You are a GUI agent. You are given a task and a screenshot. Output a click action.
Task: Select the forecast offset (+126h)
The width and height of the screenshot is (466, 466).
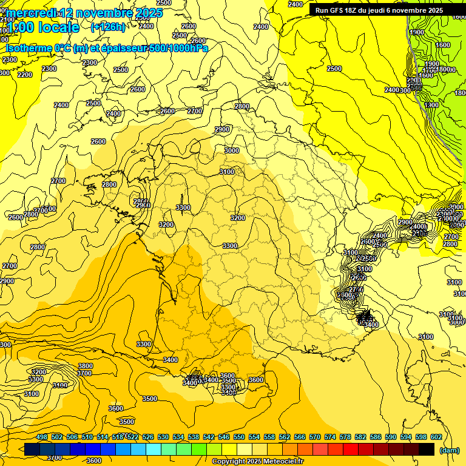pyautogui.click(x=107, y=27)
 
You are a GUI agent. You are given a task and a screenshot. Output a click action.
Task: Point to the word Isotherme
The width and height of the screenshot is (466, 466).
pyautogui.click(x=29, y=48)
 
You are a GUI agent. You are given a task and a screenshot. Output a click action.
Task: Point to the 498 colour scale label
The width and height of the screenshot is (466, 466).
pyautogui.click(x=42, y=437)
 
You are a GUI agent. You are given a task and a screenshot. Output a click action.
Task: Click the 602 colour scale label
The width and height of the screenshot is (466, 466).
pyautogui.click(x=436, y=437)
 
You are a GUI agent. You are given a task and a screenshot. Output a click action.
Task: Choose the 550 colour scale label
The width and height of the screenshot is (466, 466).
pyautogui.click(x=239, y=437)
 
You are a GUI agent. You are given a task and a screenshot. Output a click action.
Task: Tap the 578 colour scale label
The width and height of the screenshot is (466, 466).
pyautogui.click(x=345, y=437)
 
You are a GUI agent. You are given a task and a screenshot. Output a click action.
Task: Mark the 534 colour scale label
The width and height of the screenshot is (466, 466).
pyautogui.click(x=178, y=437)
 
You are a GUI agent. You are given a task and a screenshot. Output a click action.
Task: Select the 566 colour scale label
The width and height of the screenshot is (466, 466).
pyautogui.click(x=300, y=437)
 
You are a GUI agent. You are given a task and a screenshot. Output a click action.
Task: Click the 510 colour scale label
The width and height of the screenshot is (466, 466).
pyautogui.click(x=87, y=437)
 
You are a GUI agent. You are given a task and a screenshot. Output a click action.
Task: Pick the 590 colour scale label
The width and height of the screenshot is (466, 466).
pyautogui.click(x=391, y=437)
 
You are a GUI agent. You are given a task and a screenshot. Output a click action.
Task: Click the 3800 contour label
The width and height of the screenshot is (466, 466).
pyautogui.click(x=86, y=366)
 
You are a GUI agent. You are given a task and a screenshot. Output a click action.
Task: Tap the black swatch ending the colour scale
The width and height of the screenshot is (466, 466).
pyautogui.click(x=427, y=450)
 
